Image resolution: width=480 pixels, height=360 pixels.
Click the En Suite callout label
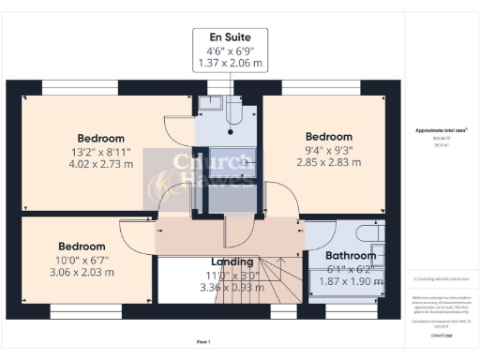[x=228, y=38]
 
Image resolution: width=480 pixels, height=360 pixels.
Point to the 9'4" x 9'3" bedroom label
[x=329, y=137]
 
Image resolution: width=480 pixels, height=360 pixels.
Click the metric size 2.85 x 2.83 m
[x=329, y=162]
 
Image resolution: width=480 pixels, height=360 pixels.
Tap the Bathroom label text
[x=351, y=255]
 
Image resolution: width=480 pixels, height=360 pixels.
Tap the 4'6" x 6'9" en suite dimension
[x=228, y=52]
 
